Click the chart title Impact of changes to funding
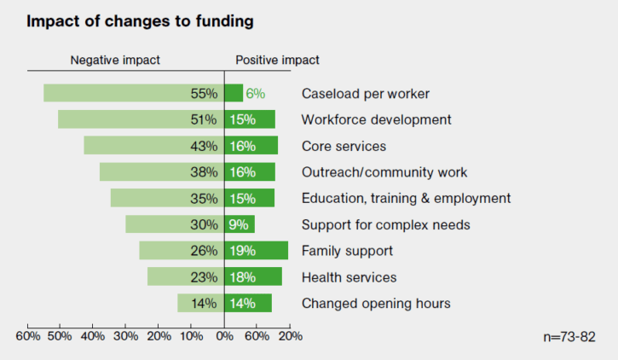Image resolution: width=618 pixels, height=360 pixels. click(x=140, y=21)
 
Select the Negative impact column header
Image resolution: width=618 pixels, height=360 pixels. click(x=114, y=61)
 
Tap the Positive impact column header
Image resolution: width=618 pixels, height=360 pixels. click(x=277, y=61)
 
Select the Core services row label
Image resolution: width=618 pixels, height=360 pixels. click(x=344, y=146)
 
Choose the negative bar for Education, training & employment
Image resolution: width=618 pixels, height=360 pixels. click(x=153, y=198)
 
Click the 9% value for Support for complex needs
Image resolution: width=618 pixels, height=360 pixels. click(x=238, y=225)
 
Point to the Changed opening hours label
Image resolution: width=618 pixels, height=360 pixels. click(x=376, y=303)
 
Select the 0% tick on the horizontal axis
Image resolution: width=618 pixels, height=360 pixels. click(x=224, y=335)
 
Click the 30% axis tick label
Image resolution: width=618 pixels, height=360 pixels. click(x=125, y=335)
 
